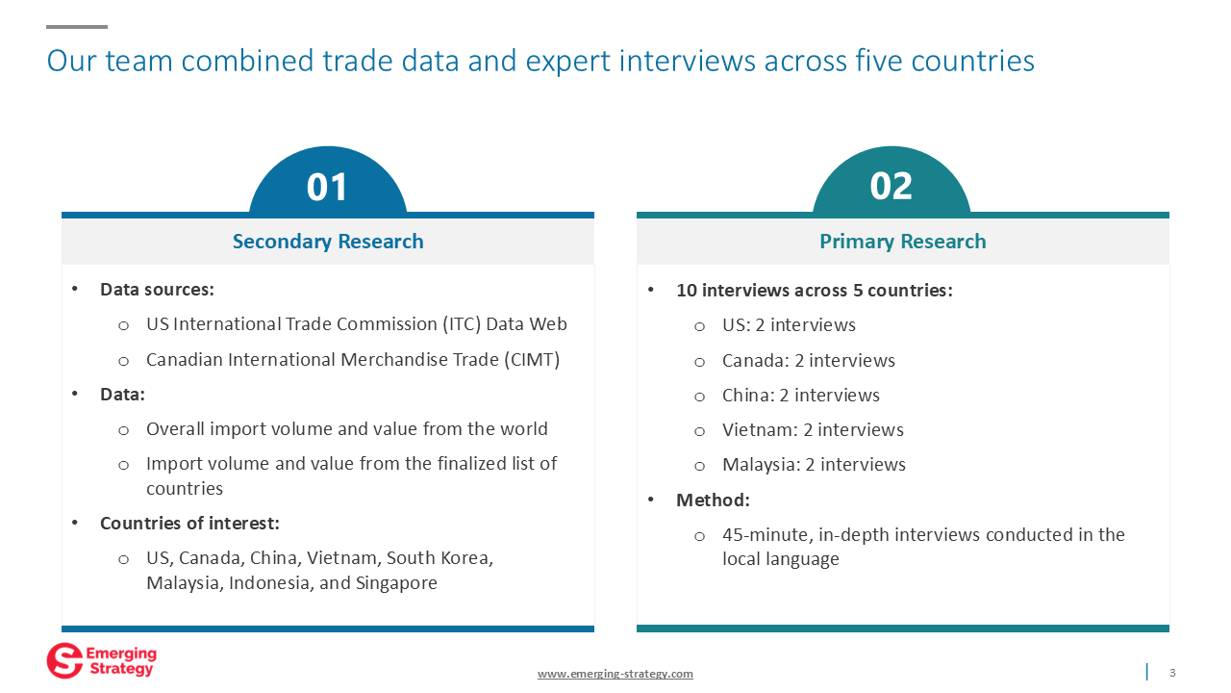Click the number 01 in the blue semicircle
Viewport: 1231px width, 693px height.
(x=327, y=187)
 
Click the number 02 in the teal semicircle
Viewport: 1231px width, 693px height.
(x=891, y=186)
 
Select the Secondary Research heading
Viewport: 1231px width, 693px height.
(x=328, y=242)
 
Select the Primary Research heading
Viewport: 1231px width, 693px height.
(x=903, y=242)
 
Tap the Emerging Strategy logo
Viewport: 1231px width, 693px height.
(x=102, y=660)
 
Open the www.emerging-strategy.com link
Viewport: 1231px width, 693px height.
(x=615, y=674)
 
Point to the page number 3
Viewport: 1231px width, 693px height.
(x=1172, y=673)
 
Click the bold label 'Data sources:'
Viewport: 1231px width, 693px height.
(x=157, y=290)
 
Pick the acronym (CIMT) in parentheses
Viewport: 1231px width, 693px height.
(x=532, y=360)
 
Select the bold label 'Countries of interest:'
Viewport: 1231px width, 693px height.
(x=189, y=523)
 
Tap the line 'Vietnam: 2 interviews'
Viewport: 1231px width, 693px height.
(x=813, y=429)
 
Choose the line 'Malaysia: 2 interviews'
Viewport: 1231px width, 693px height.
(x=814, y=465)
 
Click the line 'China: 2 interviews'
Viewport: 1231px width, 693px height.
(x=801, y=395)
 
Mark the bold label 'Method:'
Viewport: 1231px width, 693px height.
(x=713, y=500)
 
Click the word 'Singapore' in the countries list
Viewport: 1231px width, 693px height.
(x=396, y=583)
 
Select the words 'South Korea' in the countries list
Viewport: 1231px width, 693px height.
(x=440, y=558)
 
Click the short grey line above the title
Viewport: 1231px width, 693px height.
(x=77, y=26)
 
